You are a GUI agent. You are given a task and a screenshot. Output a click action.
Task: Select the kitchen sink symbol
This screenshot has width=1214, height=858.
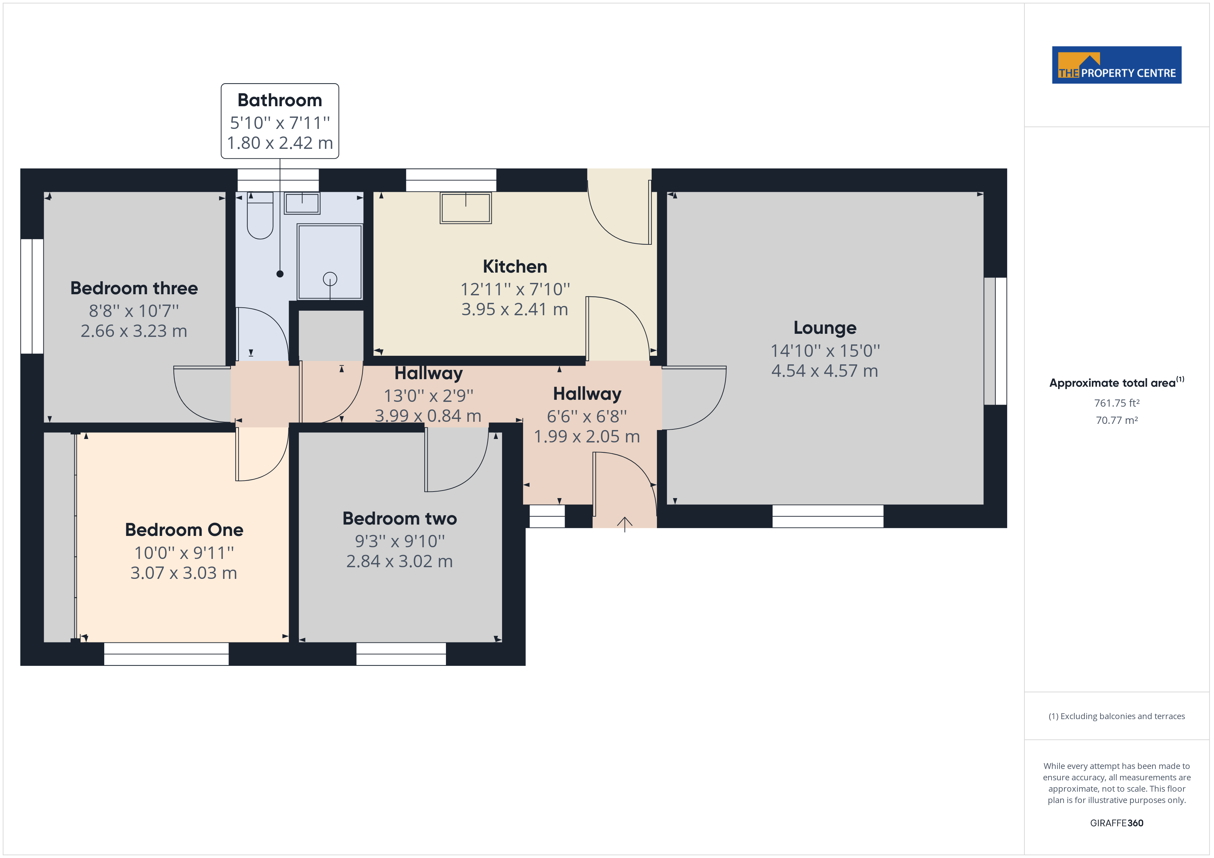(x=465, y=208)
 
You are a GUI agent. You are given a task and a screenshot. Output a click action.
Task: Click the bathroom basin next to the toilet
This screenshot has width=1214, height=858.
(x=302, y=203)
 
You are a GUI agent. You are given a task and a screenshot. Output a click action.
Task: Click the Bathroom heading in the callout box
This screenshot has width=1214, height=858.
(x=280, y=100)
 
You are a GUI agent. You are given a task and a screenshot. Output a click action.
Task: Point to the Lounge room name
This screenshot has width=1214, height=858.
(x=824, y=328)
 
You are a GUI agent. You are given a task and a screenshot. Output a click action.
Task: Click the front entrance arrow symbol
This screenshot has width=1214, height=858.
(x=625, y=524)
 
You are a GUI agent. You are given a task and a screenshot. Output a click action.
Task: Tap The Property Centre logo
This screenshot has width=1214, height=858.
(x=1116, y=65)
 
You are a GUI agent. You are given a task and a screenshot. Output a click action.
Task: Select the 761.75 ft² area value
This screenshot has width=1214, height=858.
(x=1116, y=403)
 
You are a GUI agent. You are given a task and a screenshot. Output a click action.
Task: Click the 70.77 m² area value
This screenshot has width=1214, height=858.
(x=1116, y=420)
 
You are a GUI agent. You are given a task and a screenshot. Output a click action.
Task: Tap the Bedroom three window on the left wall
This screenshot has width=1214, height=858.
(x=32, y=296)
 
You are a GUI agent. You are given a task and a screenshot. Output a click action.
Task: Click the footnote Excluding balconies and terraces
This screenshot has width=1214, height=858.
(x=1116, y=716)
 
